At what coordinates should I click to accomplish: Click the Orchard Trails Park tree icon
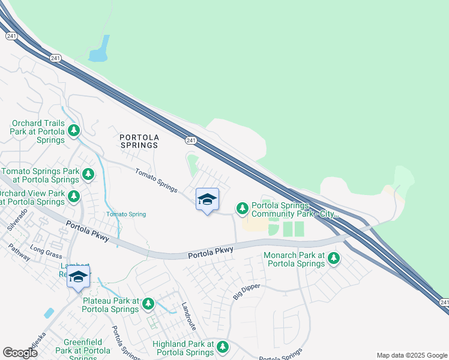(x=74, y=130)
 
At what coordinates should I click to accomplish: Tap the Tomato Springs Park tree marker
(x=88, y=175)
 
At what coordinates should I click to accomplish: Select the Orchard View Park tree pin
(x=74, y=197)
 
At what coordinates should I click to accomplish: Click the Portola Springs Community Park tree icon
(x=242, y=208)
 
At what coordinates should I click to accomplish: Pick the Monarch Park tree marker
(x=333, y=259)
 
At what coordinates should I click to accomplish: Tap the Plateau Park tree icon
(x=148, y=305)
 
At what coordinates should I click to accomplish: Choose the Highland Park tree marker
(x=223, y=347)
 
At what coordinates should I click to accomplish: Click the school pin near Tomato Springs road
(x=207, y=200)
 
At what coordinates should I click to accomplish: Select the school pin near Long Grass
(x=78, y=277)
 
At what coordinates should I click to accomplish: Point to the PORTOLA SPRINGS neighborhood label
(x=139, y=140)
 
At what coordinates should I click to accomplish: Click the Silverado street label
(x=17, y=219)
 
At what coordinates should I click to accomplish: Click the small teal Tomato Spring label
(x=126, y=214)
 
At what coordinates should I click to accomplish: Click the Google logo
(x=20, y=353)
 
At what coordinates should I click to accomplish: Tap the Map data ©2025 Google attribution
(x=412, y=355)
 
